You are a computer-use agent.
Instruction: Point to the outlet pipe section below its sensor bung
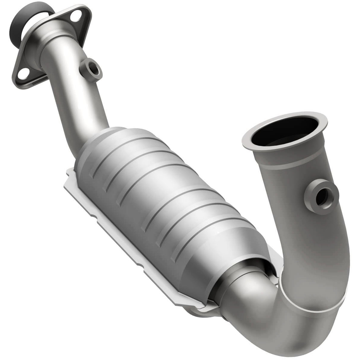click(x=314, y=243)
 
